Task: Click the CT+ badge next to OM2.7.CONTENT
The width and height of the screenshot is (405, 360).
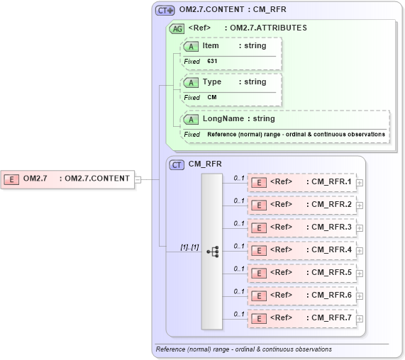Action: (165, 11)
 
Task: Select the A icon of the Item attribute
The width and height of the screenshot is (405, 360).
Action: (192, 46)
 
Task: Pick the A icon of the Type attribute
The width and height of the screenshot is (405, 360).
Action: (192, 82)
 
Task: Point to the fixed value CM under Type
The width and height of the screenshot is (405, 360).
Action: (212, 98)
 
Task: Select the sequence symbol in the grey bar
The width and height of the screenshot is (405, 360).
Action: (212, 252)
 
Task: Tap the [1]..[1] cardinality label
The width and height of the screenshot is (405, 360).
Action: (189, 247)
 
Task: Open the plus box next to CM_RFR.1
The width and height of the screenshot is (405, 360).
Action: (360, 183)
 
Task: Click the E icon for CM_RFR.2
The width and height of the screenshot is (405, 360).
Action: (260, 205)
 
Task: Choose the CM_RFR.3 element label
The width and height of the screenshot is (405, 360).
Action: (332, 227)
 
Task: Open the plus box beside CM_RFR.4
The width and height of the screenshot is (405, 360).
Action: (360, 251)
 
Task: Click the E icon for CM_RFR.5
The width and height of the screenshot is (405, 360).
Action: (260, 273)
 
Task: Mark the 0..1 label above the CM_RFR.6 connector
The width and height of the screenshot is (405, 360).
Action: (239, 291)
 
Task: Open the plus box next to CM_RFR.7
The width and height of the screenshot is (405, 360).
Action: (360, 319)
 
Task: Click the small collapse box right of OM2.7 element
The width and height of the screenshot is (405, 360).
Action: (138, 179)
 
